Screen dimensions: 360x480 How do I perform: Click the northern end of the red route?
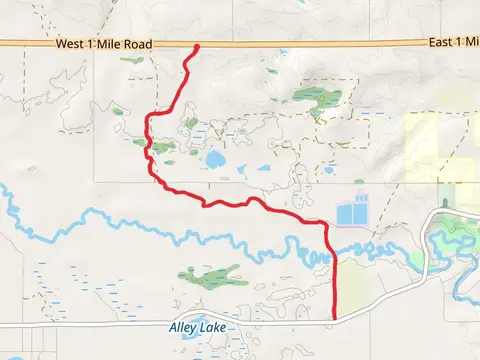click(x=195, y=47)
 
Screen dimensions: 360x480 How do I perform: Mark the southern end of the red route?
click(x=333, y=320)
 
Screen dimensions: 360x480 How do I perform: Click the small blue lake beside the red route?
click(x=214, y=158)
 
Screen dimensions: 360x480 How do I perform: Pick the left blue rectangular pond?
click(x=346, y=214)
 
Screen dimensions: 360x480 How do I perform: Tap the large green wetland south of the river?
click(x=212, y=274)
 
